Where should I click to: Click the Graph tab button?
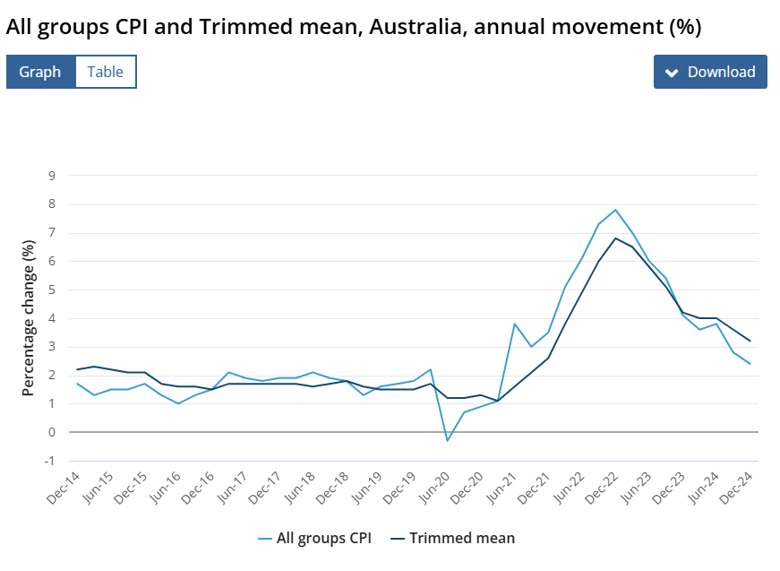40,72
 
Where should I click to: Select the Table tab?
106,72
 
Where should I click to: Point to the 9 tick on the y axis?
52,176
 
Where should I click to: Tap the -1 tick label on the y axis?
50,461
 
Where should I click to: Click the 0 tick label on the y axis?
52,432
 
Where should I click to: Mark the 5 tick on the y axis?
52,290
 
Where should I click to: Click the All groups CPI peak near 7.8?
615,210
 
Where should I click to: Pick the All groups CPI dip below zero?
448,440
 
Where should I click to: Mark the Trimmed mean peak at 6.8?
615,238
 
